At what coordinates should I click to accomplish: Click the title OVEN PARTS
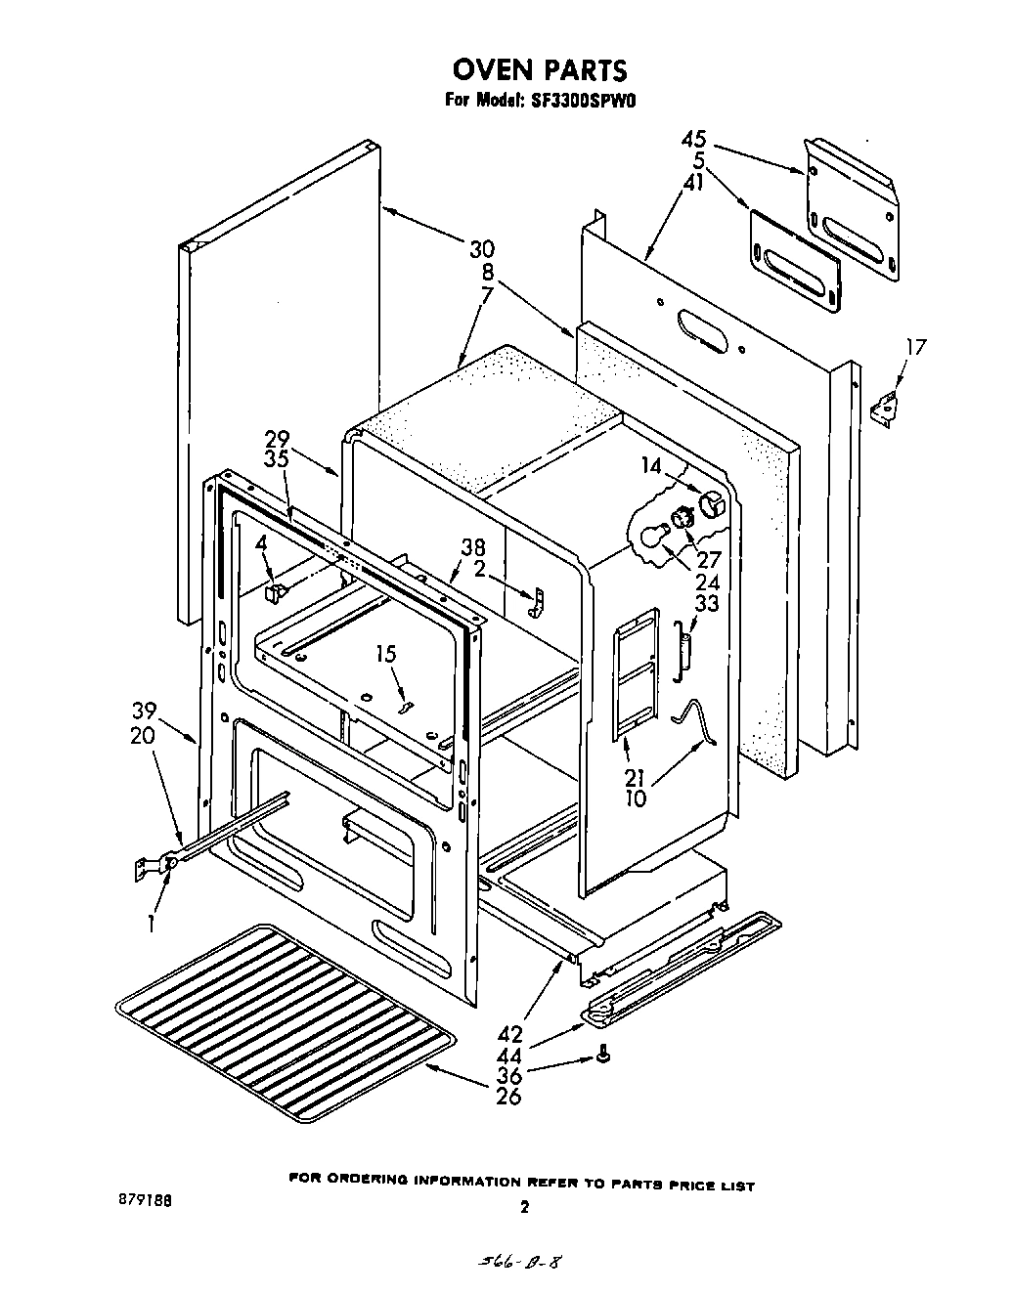click(x=539, y=70)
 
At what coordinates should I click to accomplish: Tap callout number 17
click(x=916, y=348)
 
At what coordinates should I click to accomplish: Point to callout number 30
click(x=481, y=249)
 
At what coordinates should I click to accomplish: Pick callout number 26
click(x=508, y=1096)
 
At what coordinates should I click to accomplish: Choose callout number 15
click(x=387, y=653)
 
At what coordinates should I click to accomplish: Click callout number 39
click(x=145, y=711)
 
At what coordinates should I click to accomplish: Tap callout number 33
click(x=707, y=604)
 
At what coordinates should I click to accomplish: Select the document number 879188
click(x=144, y=1201)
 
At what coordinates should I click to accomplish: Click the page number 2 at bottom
click(x=525, y=1207)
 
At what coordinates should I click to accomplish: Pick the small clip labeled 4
click(x=276, y=590)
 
